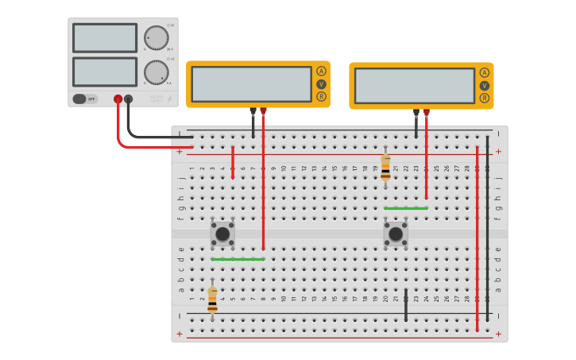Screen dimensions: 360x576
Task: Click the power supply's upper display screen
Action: [x=105, y=37]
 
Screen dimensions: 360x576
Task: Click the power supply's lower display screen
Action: [x=105, y=72]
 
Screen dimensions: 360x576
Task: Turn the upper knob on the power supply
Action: [x=156, y=37]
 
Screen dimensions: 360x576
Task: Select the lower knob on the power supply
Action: [x=156, y=72]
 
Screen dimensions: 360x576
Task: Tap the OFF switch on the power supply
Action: [x=85, y=99]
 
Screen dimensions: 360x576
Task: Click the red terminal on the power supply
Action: [x=118, y=99]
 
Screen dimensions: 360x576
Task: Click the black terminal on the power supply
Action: [x=128, y=99]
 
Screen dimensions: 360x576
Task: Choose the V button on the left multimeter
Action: [x=321, y=84]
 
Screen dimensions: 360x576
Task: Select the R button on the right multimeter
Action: [x=484, y=98]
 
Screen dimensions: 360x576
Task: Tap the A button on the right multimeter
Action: [x=484, y=72]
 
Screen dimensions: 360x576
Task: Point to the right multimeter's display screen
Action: [x=414, y=85]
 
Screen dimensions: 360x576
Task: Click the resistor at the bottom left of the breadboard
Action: [x=212, y=300]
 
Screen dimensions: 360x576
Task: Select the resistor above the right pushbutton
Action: [x=385, y=168]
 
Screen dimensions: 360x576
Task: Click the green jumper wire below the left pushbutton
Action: [x=238, y=259]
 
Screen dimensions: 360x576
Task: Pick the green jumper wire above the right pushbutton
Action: [x=406, y=208]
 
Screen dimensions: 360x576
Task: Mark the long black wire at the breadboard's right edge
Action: [x=487, y=230]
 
